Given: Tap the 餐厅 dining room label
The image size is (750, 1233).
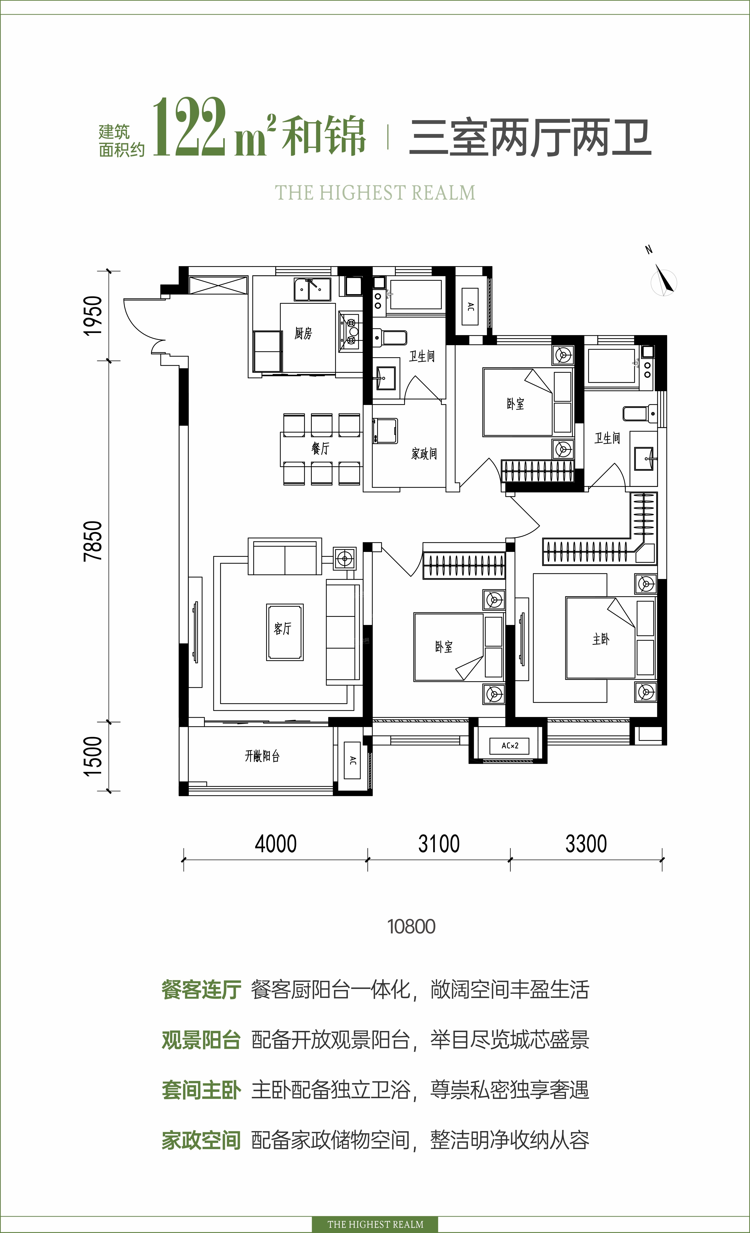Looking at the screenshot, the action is pyautogui.click(x=320, y=448).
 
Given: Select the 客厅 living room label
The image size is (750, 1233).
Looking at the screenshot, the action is pyautogui.click(x=282, y=628).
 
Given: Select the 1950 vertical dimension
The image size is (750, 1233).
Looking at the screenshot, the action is pyautogui.click(x=93, y=316).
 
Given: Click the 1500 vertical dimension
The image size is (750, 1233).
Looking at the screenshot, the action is pyautogui.click(x=93, y=756).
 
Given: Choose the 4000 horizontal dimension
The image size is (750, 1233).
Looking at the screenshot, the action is pyautogui.click(x=276, y=844).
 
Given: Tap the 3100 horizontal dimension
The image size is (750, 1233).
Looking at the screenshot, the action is pyautogui.click(x=439, y=844).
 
